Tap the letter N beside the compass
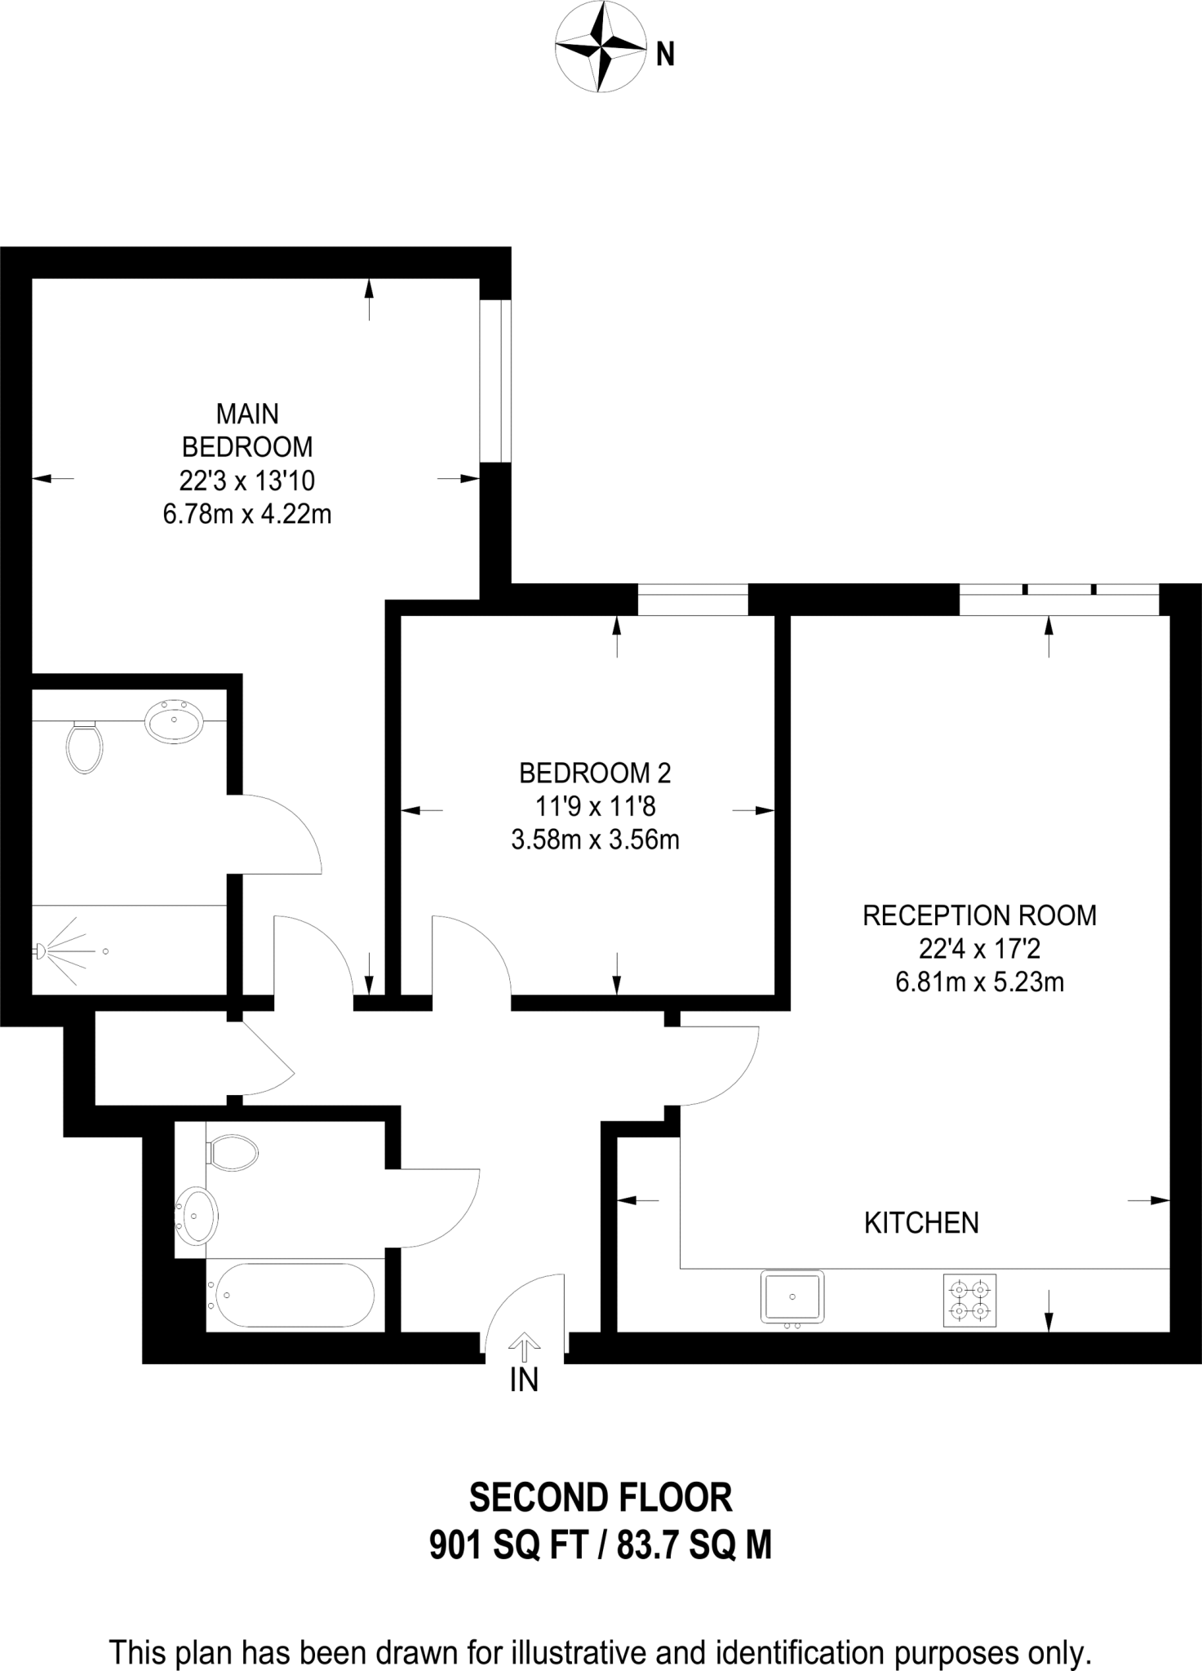coord(666,55)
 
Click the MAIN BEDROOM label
coord(247,431)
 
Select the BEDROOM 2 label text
coord(595,772)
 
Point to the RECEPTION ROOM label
coord(979,915)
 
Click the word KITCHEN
coord(921,1222)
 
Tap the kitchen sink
coord(792,1296)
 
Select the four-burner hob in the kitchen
coord(970,1300)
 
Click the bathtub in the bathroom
coord(291,1295)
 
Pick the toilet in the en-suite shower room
coord(84,746)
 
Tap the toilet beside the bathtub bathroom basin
coord(233,1153)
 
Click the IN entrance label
coord(524,1380)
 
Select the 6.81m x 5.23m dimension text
coord(979,982)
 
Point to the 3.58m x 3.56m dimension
coord(595,840)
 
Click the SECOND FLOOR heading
coord(601,1497)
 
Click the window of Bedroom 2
coord(693,600)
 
